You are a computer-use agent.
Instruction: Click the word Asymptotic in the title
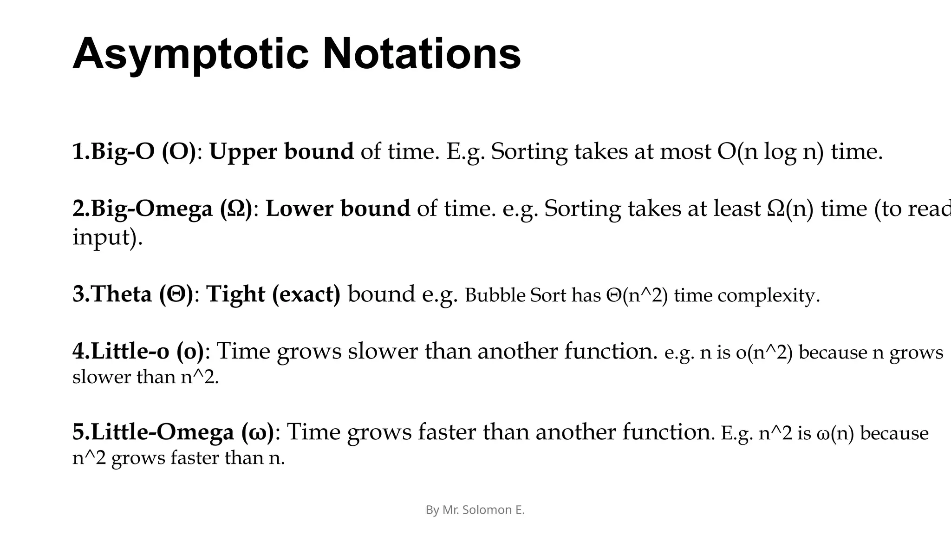tap(190, 55)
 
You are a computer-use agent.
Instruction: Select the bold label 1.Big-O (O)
tap(134, 152)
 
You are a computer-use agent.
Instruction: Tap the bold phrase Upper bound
tap(281, 152)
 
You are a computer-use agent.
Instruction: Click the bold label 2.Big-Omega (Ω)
tap(163, 209)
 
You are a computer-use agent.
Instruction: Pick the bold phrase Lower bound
tap(338, 209)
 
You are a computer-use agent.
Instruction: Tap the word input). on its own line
tap(107, 238)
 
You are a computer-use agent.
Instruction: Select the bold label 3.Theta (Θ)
tap(133, 294)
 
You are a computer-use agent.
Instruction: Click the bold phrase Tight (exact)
tap(273, 294)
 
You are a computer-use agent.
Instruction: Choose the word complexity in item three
tap(769, 295)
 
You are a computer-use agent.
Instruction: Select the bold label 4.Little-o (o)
tap(138, 351)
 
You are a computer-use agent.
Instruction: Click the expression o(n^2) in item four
tap(764, 352)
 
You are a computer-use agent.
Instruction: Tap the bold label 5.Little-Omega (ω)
tap(174, 432)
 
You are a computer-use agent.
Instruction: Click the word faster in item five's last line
tap(195, 458)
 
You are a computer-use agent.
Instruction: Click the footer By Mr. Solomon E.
tap(475, 510)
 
